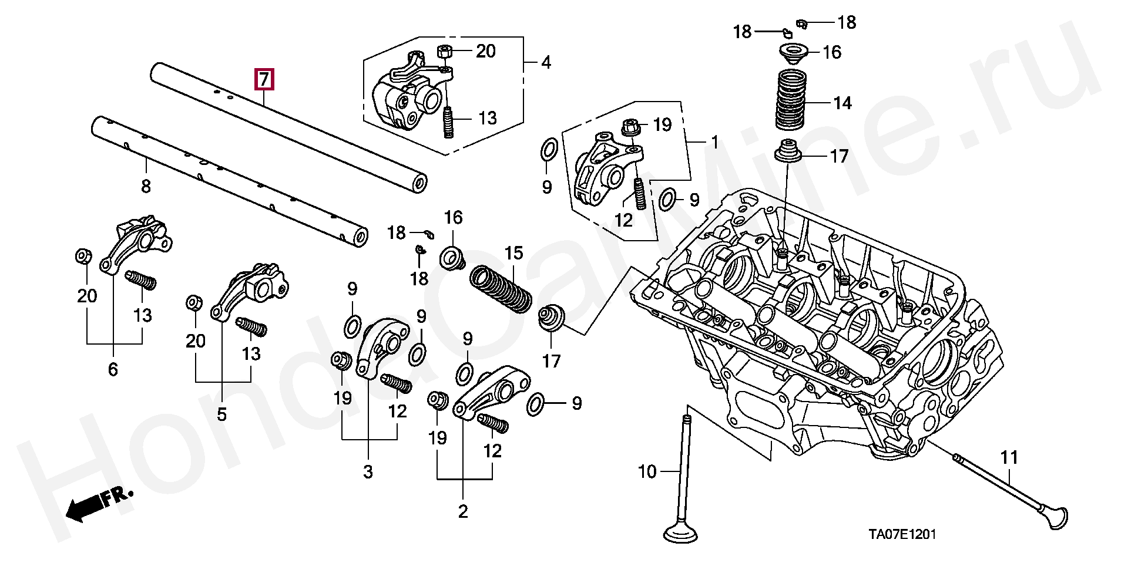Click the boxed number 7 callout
click(x=264, y=79)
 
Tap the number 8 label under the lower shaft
click(x=146, y=187)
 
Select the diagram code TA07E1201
click(x=903, y=534)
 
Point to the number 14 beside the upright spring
click(x=842, y=103)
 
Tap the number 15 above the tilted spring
click(x=513, y=253)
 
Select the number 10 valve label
click(x=647, y=471)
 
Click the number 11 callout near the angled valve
click(x=1009, y=457)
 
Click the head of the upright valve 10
click(x=681, y=533)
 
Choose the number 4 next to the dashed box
click(x=546, y=62)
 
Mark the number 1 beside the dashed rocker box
click(x=715, y=142)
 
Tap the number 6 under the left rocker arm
click(x=113, y=369)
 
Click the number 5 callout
click(x=221, y=414)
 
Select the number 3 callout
click(x=368, y=471)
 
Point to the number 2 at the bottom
click(x=463, y=511)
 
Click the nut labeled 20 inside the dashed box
click(x=445, y=51)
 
